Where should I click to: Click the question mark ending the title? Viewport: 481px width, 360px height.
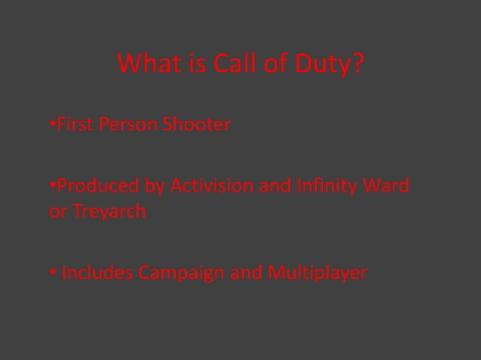tap(357, 65)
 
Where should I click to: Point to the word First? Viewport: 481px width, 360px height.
tap(75, 124)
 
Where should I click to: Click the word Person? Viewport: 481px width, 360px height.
tap(127, 124)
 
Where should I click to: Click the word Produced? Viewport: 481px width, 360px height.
tap(98, 185)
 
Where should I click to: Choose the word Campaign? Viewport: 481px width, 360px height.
tap(181, 273)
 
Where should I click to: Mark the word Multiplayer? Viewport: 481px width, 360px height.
tap(317, 273)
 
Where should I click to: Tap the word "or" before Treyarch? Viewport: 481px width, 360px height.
tap(57, 212)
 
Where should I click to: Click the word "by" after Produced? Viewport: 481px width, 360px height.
tap(155, 185)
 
